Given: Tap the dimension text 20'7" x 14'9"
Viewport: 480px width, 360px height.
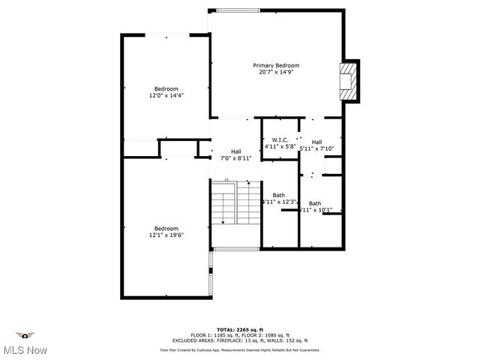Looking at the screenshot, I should point(276,72).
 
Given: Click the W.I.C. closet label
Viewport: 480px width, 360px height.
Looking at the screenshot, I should point(280,140).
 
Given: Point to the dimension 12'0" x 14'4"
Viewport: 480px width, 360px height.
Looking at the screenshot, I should point(166,95).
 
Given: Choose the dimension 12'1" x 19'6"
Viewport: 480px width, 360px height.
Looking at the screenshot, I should point(166,235).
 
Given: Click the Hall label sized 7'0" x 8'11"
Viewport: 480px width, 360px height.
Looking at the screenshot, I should point(236,151).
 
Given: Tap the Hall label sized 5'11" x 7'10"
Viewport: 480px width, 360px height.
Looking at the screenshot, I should point(317,142).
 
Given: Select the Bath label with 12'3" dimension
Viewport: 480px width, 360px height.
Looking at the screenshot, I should point(279,196).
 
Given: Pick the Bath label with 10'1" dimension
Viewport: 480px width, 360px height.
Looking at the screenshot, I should point(315,203).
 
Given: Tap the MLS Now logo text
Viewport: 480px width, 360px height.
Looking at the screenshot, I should point(25,350).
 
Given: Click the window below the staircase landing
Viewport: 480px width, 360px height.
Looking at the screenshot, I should point(235,248).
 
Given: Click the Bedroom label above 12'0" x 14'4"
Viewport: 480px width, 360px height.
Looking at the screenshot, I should point(166,88).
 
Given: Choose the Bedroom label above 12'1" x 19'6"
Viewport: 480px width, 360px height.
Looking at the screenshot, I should point(166,228).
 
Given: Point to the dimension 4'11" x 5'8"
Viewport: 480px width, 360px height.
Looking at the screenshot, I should point(280,147).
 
